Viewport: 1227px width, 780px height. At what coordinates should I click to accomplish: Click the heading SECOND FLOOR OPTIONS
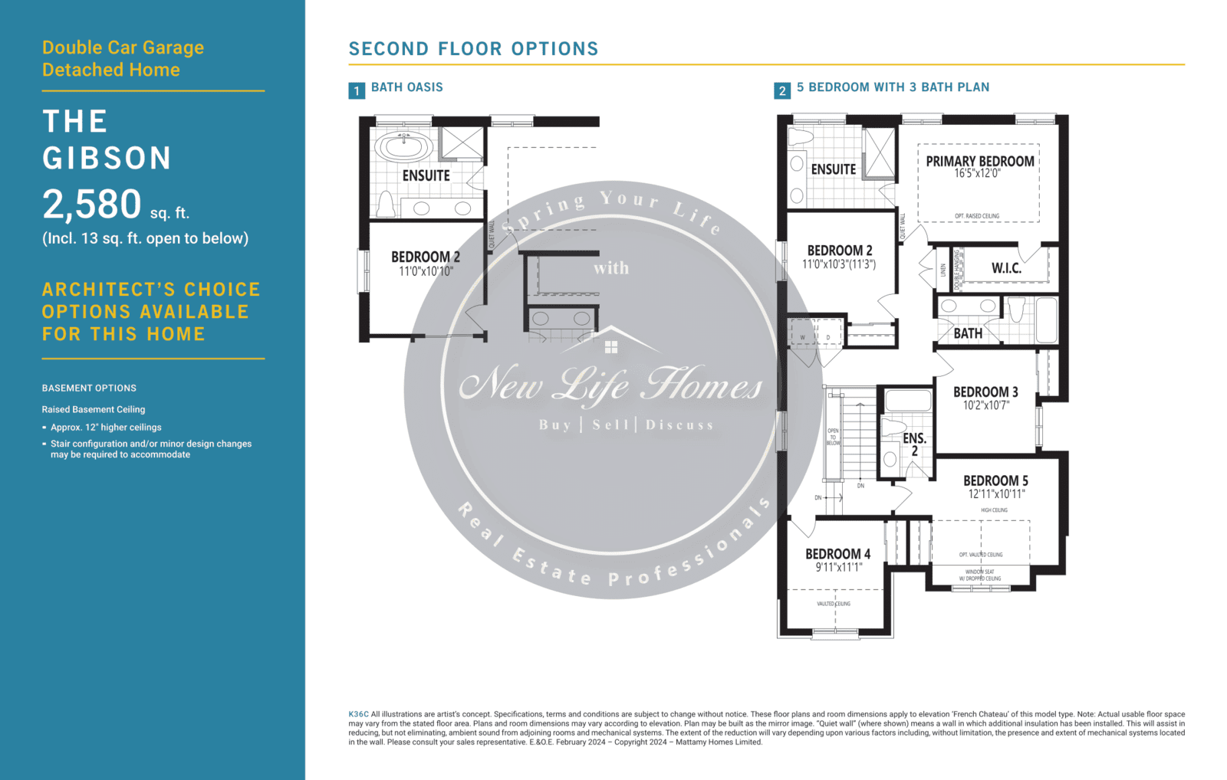click(473, 49)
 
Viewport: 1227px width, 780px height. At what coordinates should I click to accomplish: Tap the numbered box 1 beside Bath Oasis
click(357, 91)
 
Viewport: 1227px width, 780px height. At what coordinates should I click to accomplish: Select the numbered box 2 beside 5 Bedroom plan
click(782, 91)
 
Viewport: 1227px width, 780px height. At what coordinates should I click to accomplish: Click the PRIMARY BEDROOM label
click(979, 162)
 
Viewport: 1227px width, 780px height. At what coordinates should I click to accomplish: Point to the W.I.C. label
click(1006, 268)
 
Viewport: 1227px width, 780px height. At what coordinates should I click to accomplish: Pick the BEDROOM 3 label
click(985, 392)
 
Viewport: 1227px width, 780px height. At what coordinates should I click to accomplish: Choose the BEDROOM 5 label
click(995, 481)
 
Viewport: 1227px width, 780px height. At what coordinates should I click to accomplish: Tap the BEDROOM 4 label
click(837, 554)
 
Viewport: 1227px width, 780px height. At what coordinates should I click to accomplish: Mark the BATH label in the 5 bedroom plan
click(968, 333)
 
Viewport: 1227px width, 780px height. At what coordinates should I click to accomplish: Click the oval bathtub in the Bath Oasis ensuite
click(403, 145)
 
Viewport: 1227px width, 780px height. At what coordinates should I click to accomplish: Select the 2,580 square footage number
click(92, 205)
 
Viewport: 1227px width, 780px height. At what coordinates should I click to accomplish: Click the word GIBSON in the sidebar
click(107, 159)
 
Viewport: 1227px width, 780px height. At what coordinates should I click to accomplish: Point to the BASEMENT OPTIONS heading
click(89, 388)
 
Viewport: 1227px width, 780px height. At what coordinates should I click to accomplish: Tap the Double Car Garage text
click(123, 48)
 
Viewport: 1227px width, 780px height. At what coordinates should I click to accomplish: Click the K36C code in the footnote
click(358, 714)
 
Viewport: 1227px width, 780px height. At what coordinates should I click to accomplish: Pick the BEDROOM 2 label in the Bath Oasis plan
click(426, 257)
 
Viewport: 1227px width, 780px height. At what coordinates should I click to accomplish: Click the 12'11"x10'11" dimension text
click(996, 494)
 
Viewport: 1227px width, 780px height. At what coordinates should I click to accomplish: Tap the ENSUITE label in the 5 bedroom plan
click(833, 169)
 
